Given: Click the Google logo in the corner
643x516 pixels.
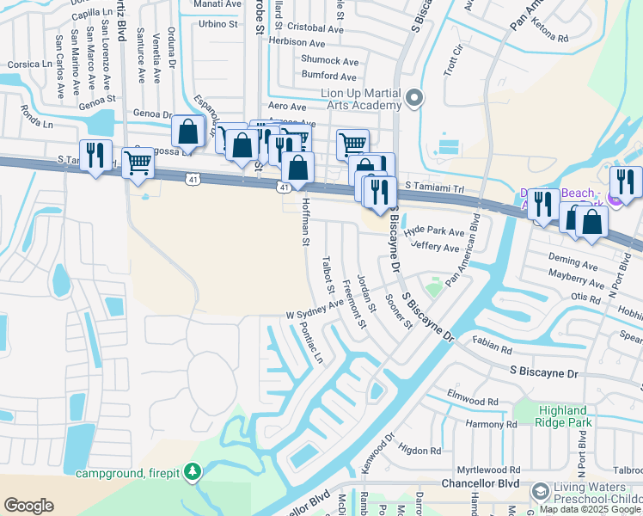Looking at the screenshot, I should coord(28,506).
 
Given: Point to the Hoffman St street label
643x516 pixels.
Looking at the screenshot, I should coord(305,222).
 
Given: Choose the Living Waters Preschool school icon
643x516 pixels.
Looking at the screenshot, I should coord(540,491).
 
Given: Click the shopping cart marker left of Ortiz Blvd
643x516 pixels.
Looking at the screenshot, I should coord(138,162).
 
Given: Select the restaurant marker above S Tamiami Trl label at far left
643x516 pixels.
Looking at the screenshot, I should coord(95,156).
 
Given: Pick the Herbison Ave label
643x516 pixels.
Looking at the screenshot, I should coord(297,43).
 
